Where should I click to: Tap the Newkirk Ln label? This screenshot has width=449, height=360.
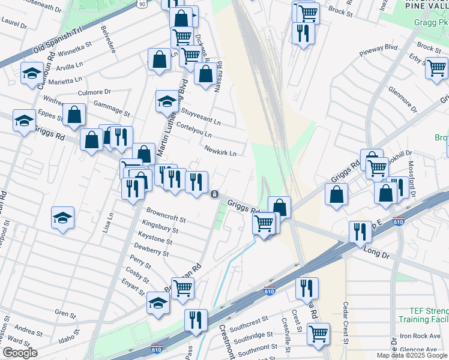220,151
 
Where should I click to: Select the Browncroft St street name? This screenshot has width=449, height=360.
166,216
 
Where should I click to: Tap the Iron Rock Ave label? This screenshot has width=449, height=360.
419,336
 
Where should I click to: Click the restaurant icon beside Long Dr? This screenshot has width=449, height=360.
359,232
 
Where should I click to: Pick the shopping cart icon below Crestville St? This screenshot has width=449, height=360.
318,334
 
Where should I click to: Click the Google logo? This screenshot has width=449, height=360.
19,353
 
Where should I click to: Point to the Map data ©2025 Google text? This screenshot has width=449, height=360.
411,355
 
